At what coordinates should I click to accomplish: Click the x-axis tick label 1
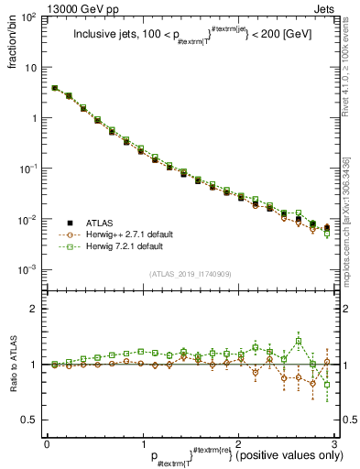pyautogui.click(x=143, y=442)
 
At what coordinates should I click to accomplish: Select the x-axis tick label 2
pyautogui.click(x=238, y=442)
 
